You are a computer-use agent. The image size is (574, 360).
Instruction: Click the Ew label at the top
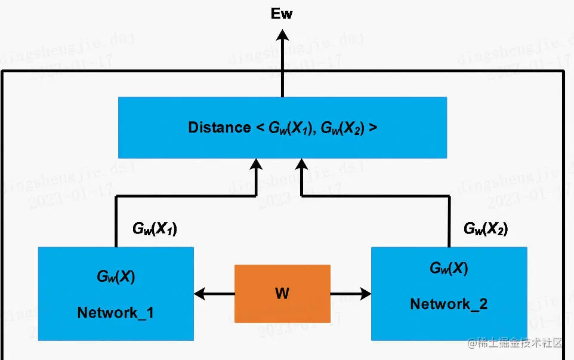(x=282, y=13)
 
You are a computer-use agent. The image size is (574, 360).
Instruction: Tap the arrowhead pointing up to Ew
(x=282, y=36)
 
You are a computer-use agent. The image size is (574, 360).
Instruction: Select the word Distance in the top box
(x=219, y=127)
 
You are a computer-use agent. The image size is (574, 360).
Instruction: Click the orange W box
(x=282, y=294)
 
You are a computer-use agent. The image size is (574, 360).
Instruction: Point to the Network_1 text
(x=115, y=312)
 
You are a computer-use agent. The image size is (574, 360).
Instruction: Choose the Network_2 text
(x=449, y=304)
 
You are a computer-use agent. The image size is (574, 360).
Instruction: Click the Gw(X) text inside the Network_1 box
(x=115, y=276)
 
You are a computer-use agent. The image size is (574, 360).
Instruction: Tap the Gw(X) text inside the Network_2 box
(x=449, y=268)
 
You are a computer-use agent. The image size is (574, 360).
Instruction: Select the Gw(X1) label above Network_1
(x=155, y=229)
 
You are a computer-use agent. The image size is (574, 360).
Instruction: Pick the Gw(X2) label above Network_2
(x=486, y=229)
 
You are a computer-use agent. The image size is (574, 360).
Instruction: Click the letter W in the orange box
(x=282, y=294)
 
